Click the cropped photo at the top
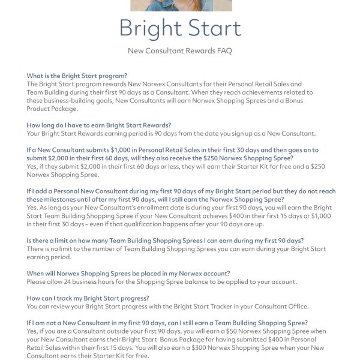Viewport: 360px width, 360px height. tap(181, 5)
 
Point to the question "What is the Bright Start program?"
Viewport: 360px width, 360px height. tap(77, 76)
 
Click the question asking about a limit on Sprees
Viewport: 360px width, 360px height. tap(165, 240)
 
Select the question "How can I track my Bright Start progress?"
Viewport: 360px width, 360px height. tap(88, 298)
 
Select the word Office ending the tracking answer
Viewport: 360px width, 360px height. tap(297, 306)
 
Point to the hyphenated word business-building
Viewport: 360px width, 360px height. tap(73, 100)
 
